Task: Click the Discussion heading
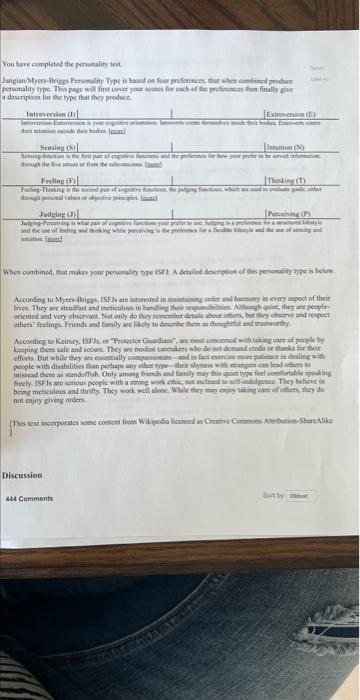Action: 22,475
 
